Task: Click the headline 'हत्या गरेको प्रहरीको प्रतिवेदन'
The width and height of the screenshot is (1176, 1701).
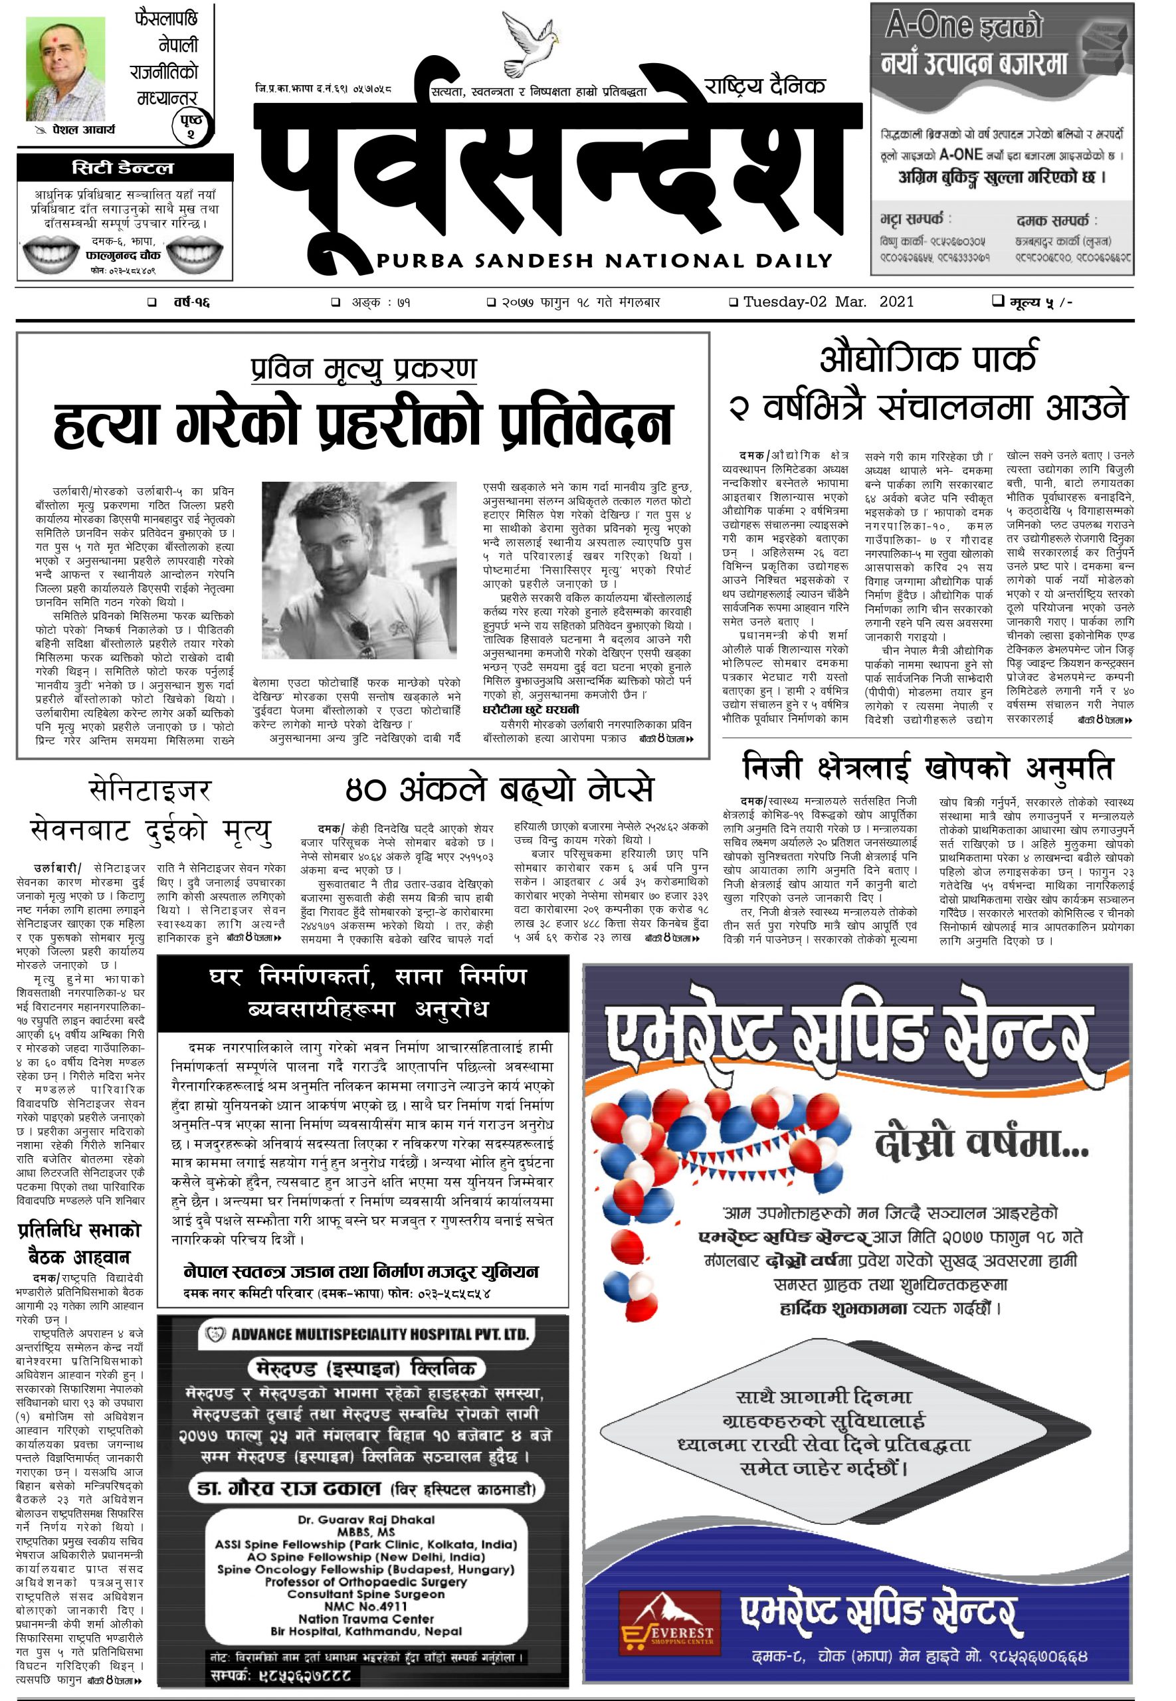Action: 363,424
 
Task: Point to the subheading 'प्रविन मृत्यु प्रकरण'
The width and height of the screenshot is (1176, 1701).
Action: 363,367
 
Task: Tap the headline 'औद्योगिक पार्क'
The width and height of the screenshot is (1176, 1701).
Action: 928,359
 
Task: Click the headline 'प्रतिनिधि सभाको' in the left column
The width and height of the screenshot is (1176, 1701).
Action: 79,1231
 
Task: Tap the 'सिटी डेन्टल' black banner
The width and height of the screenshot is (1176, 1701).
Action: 124,168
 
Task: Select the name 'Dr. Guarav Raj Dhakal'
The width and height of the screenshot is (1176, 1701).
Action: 366,1519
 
